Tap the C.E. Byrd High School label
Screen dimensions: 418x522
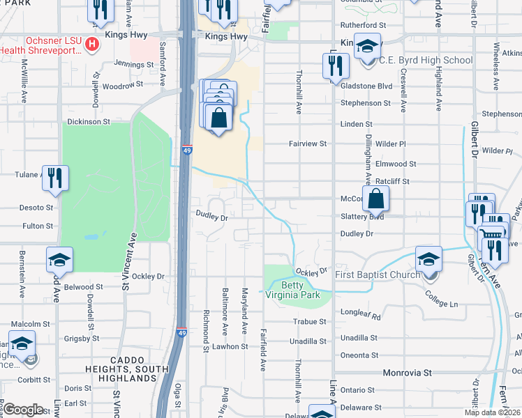(426, 61)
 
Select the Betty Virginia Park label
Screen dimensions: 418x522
(300, 291)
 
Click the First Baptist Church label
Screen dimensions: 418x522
(378, 274)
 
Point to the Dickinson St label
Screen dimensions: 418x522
(89, 121)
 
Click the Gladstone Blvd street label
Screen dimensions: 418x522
(366, 85)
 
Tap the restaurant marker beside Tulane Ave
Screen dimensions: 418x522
(54, 178)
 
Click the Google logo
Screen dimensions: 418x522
(23, 409)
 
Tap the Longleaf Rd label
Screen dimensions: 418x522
(361, 316)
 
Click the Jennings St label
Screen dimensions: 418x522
(134, 64)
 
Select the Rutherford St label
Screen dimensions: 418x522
(363, 25)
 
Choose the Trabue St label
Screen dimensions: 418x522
(312, 322)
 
